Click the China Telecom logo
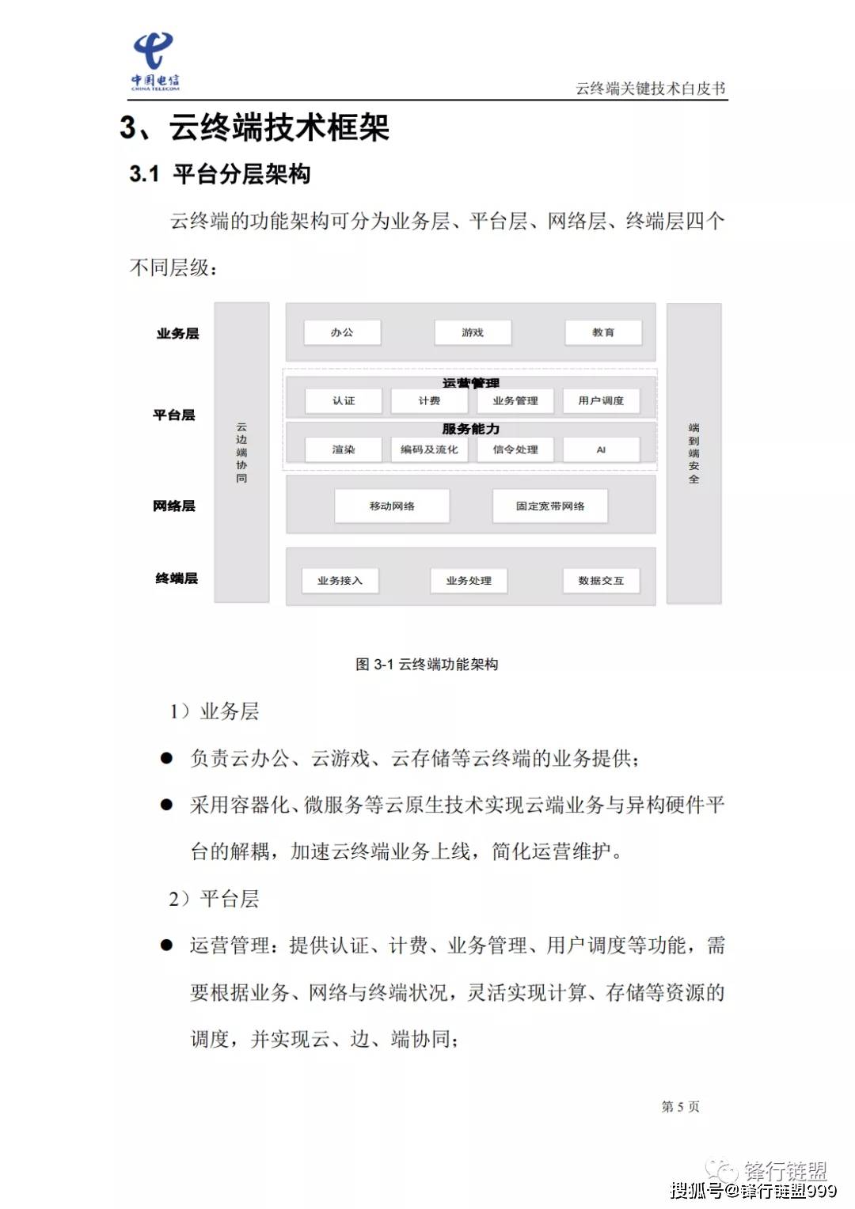pos(154,62)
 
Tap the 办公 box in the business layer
pos(343,332)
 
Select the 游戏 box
pos(473,332)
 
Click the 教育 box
pos(603,332)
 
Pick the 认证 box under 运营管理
pos(344,401)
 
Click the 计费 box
pos(429,401)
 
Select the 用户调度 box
pos(601,401)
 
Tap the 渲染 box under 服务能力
pos(344,449)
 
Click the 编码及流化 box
pos(429,449)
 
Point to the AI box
pos(601,449)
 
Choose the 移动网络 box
pos(392,506)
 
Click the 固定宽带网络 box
pos(550,506)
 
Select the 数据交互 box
pos(601,581)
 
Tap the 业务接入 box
pos(340,581)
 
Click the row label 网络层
pos(174,506)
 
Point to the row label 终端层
pos(177,578)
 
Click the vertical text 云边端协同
pos(241,453)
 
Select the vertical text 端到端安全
pos(694,453)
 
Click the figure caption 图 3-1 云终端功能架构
pos(427,665)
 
